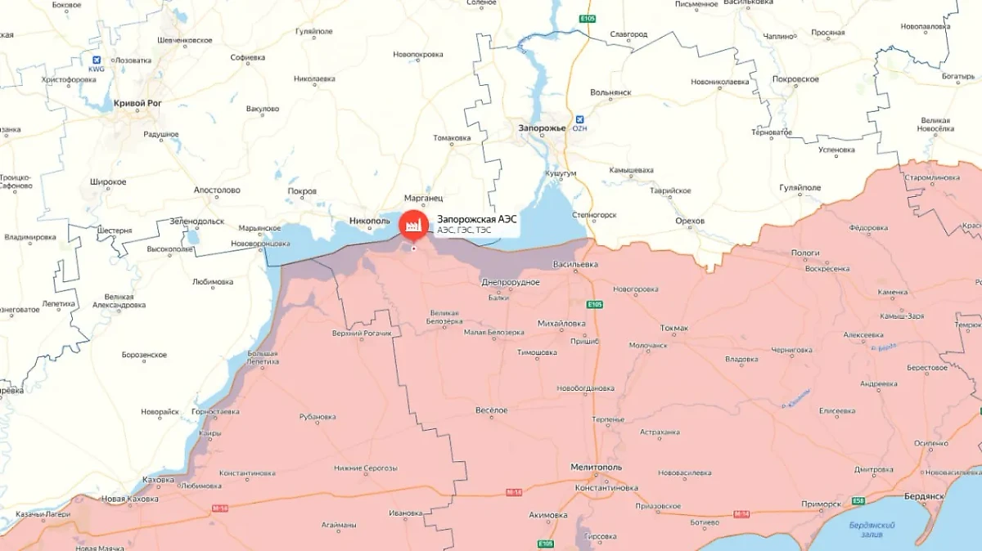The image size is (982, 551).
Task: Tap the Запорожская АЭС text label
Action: [x=476, y=219]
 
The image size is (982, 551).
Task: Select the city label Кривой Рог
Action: [x=138, y=103]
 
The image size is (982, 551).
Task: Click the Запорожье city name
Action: [x=542, y=128]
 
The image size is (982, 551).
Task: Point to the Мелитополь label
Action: [x=596, y=467]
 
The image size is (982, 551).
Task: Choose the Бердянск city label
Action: [x=925, y=496]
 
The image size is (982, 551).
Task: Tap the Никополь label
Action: [x=368, y=221]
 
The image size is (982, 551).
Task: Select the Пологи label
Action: [x=805, y=253]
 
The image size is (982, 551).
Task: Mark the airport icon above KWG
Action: [x=97, y=60]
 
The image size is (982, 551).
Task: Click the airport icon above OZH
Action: [x=579, y=118]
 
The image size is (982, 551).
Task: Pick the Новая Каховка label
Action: [x=129, y=499]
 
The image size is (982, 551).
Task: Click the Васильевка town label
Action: [x=575, y=265]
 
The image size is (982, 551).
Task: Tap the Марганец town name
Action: [x=423, y=198]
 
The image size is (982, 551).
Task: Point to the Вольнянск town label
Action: [x=610, y=92]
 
